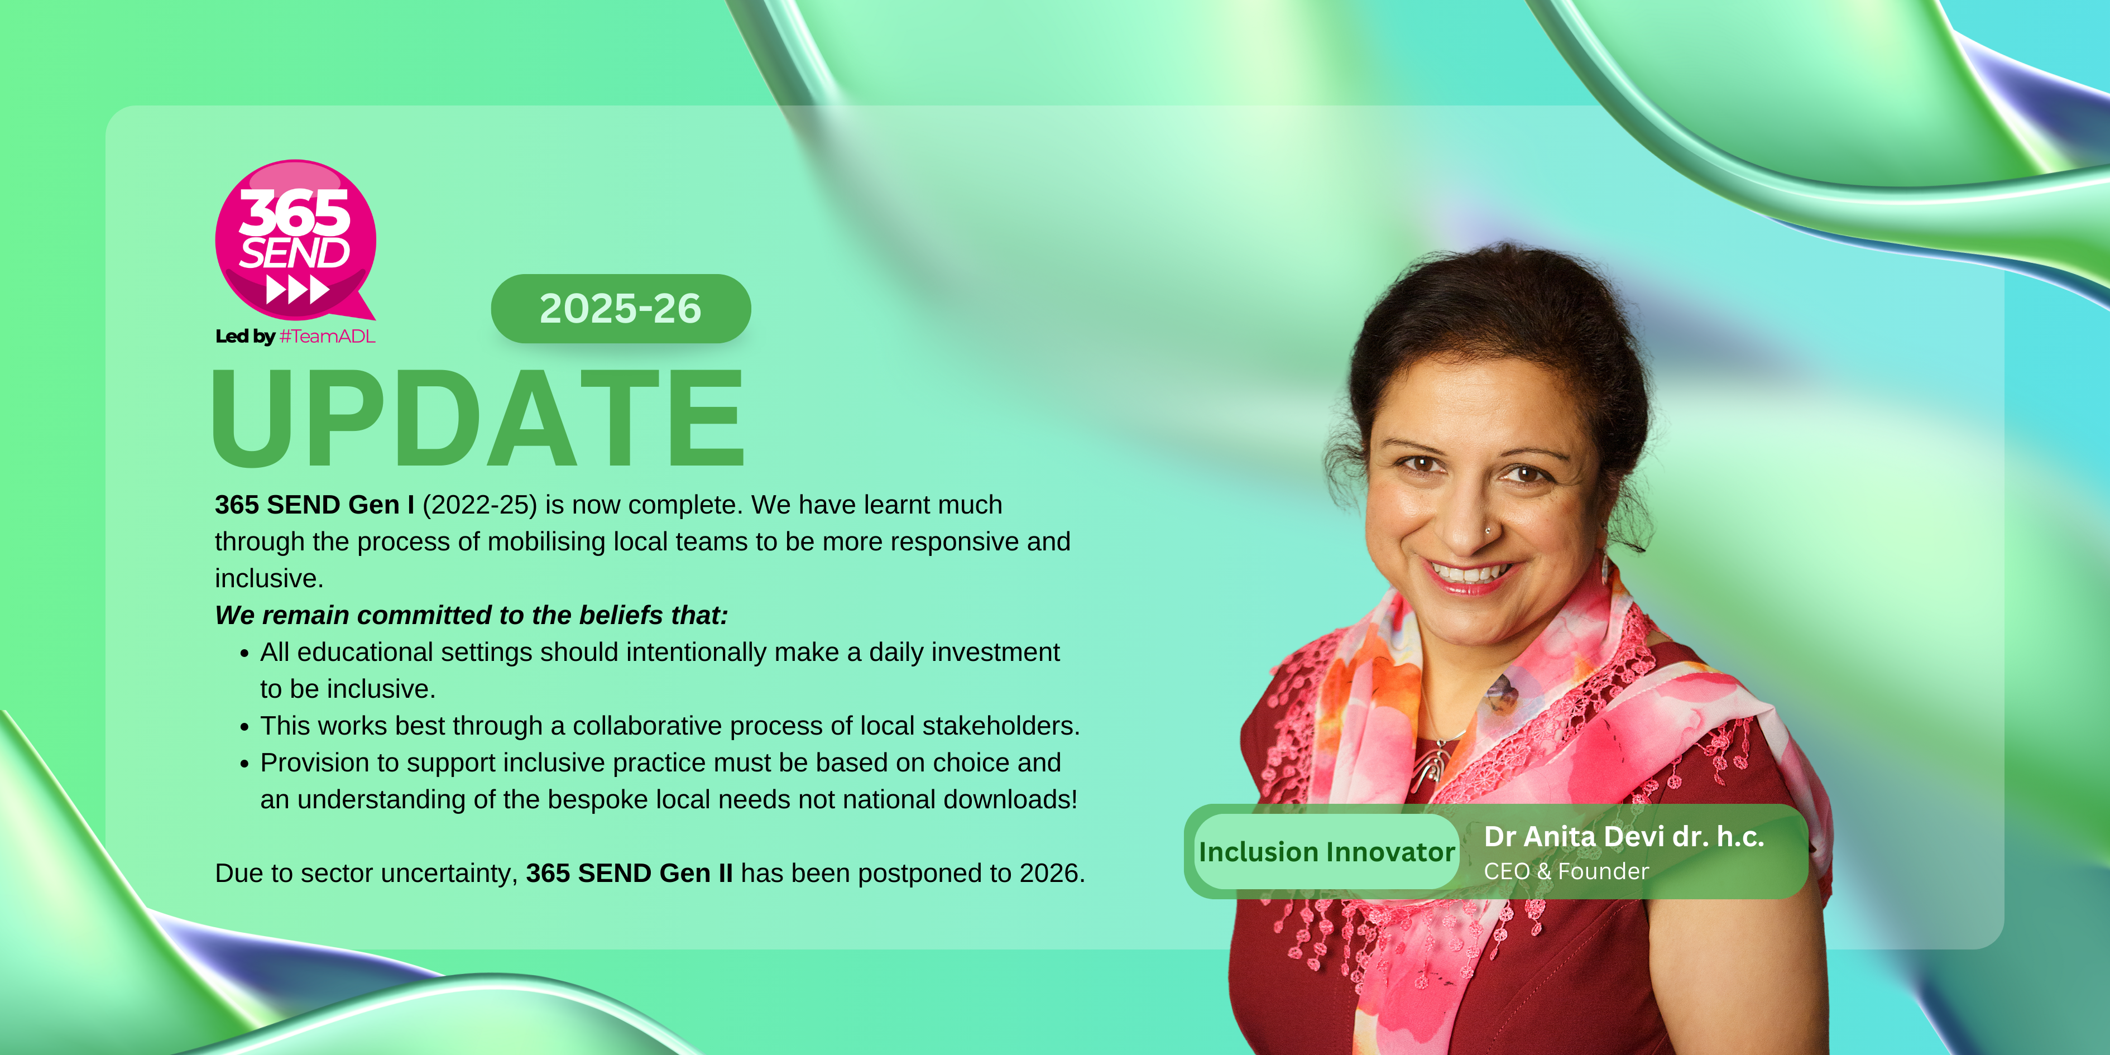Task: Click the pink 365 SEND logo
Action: [296, 240]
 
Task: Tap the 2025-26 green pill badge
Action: [621, 309]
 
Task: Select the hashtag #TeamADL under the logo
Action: [327, 337]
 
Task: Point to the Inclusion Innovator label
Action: [1326, 852]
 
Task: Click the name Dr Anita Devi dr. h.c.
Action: [1623, 836]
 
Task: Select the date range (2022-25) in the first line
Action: [480, 505]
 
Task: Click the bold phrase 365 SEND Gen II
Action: [629, 873]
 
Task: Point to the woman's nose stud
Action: [1488, 531]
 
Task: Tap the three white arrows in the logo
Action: [298, 290]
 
